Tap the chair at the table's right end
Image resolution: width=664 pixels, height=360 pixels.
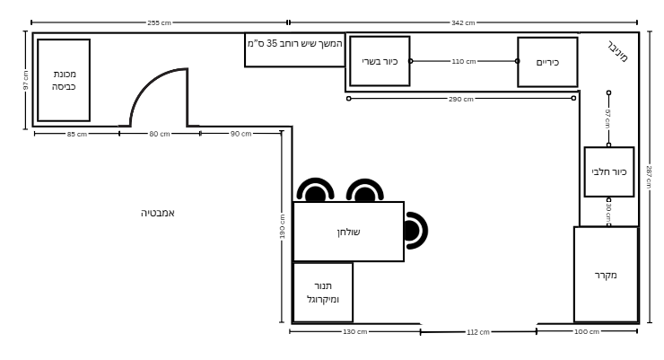(x=415, y=231)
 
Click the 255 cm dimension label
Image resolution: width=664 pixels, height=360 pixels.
(x=159, y=22)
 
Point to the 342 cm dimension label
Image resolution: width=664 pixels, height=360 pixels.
(x=463, y=22)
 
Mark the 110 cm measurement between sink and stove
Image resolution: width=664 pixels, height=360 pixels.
(x=464, y=61)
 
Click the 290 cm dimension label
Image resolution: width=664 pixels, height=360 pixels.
(x=460, y=99)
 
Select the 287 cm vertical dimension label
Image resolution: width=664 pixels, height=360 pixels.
(x=649, y=178)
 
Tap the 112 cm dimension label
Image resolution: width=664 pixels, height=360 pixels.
(x=478, y=332)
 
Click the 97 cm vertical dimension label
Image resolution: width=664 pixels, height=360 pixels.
(x=26, y=80)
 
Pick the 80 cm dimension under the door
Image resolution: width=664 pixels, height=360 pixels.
(x=159, y=134)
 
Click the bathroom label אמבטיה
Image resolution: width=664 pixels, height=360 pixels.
(x=158, y=213)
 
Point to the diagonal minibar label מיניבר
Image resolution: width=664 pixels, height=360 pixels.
(x=618, y=52)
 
